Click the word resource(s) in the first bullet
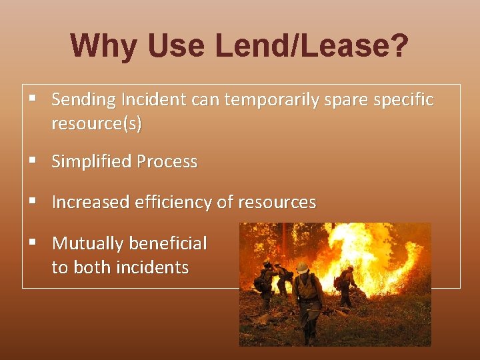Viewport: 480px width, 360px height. (x=96, y=123)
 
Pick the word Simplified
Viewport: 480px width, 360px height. (x=91, y=161)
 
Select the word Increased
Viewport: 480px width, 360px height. (x=91, y=202)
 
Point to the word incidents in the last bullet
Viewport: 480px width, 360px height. (x=153, y=267)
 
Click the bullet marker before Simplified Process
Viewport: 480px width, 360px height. (x=32, y=161)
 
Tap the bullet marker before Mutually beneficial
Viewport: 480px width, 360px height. (x=32, y=242)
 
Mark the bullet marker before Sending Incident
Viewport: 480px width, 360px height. (x=32, y=99)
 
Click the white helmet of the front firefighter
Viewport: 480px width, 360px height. (x=302, y=267)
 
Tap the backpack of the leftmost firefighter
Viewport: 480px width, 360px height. (x=259, y=281)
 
